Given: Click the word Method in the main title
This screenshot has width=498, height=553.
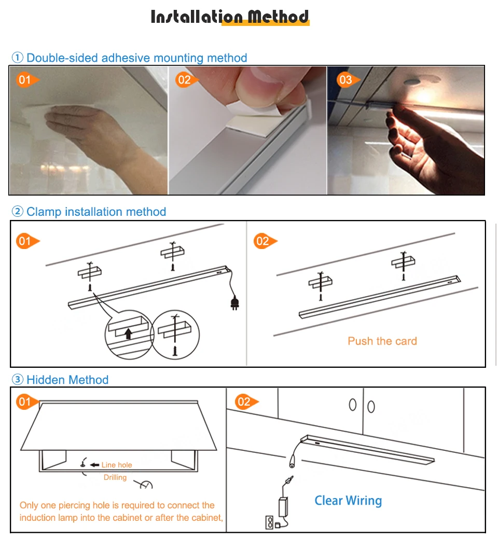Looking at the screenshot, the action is pos(278,17).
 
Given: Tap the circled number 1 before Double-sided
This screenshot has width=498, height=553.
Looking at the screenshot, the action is pos(17,57).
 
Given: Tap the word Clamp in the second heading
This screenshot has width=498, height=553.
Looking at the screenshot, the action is pos(44,212).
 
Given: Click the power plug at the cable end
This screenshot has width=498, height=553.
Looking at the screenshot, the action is pos(234,303).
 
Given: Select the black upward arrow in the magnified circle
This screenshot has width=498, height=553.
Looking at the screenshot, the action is pos(128,334).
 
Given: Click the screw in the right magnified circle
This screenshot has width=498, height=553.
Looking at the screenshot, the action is pos(175,351).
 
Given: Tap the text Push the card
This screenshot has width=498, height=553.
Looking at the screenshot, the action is pos(382,341).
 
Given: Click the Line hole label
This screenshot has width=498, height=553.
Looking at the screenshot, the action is pos(117,465).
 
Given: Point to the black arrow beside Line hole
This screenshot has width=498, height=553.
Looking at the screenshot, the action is pos(94,465).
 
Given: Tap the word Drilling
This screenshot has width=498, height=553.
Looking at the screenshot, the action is pos(115,477).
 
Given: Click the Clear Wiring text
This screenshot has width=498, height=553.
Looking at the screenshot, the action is pos(348,501).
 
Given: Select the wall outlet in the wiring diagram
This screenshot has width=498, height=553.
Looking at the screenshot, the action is pos(270,522).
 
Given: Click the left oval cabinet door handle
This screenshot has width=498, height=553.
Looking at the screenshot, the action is pos(352,405).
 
